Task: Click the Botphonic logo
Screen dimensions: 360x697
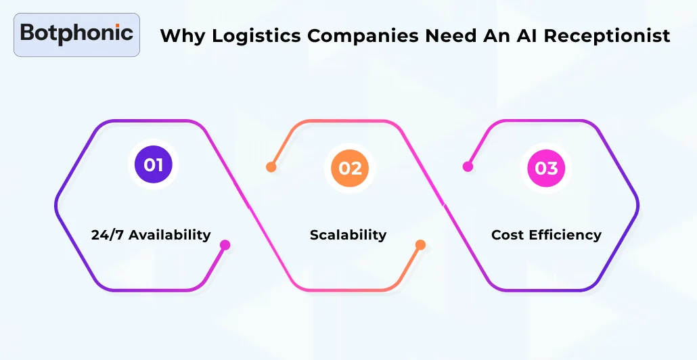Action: tap(76, 34)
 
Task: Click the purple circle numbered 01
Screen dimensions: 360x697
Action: tap(153, 164)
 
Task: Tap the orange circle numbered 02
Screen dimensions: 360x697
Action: tap(350, 167)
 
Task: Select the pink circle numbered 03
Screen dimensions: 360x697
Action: tap(545, 167)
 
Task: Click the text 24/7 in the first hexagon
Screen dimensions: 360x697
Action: tap(107, 235)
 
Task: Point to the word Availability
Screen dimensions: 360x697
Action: tap(170, 235)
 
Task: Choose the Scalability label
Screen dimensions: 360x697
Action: tap(348, 235)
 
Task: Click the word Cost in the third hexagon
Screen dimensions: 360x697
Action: tap(508, 235)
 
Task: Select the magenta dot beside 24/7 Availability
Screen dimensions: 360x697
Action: tap(225, 245)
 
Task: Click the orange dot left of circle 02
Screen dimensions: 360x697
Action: tap(271, 167)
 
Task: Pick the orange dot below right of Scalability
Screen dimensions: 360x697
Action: tap(420, 245)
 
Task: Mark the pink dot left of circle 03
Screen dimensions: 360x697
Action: tap(467, 166)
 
